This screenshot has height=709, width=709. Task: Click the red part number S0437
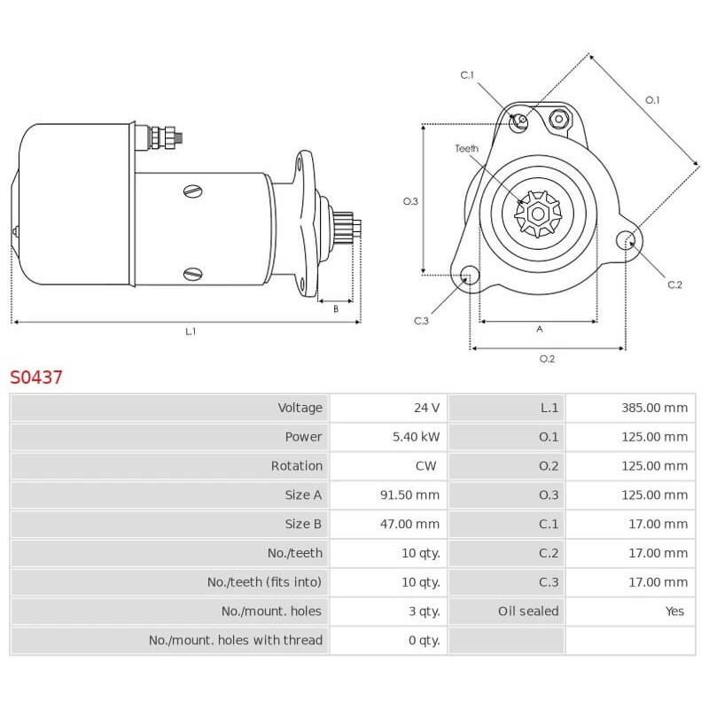(x=36, y=377)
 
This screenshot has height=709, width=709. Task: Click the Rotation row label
(x=297, y=466)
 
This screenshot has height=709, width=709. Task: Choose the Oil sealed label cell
(x=528, y=612)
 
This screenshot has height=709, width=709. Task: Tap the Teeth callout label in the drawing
(x=467, y=149)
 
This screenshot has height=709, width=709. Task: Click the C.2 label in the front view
(x=674, y=284)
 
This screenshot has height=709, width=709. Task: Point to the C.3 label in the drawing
(x=421, y=321)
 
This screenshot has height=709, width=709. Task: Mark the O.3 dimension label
(x=410, y=201)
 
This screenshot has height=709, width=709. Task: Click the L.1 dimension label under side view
(x=190, y=331)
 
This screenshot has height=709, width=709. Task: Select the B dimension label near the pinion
(x=336, y=309)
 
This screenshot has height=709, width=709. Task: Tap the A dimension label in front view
(x=539, y=329)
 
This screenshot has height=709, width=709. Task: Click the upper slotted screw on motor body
(x=193, y=190)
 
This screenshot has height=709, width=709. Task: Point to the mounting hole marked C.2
(x=626, y=239)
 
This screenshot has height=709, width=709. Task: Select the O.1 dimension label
(x=652, y=100)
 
